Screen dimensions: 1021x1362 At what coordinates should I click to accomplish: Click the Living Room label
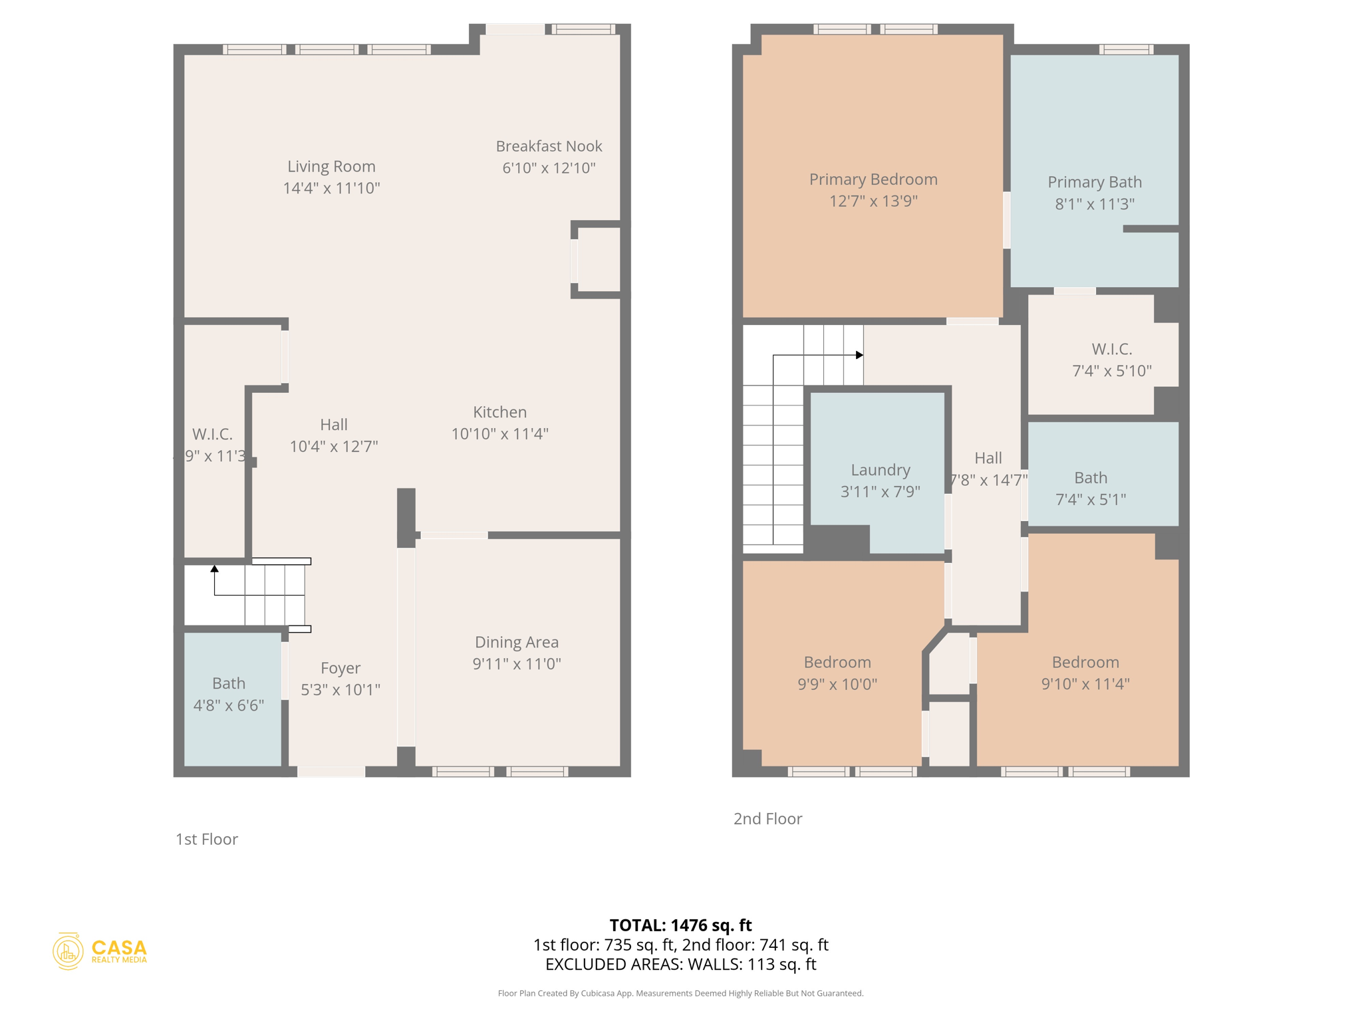[x=331, y=166]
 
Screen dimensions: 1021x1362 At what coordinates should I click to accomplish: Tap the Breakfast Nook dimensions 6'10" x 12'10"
[x=549, y=168]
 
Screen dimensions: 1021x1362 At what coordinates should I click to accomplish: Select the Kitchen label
[x=499, y=412]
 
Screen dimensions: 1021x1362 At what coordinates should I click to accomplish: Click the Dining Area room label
[x=516, y=642]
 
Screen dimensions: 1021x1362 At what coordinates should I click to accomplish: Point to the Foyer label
[x=340, y=668]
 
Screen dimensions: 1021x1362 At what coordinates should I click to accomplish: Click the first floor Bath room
[x=229, y=694]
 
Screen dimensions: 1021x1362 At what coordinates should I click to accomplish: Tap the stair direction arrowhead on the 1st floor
[x=214, y=569]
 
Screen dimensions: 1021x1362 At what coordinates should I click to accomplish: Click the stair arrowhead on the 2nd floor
[x=859, y=355]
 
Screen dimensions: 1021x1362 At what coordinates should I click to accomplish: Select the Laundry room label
[x=880, y=470]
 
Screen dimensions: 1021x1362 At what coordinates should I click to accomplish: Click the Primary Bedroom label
[x=873, y=179]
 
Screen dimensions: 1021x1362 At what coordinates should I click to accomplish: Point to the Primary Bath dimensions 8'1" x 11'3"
[x=1094, y=204]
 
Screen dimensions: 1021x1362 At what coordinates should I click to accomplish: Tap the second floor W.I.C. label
[x=1111, y=349]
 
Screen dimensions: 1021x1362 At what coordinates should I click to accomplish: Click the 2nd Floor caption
[x=767, y=819]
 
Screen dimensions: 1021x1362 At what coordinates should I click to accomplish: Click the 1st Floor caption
[x=206, y=840]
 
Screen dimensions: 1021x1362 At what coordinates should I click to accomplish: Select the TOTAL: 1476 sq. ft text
[x=680, y=925]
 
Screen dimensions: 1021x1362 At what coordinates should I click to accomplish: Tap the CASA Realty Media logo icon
[x=68, y=951]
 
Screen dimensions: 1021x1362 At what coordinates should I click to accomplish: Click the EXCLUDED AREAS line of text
[x=680, y=964]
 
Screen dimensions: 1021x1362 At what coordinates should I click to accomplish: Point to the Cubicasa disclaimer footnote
[x=680, y=994]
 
